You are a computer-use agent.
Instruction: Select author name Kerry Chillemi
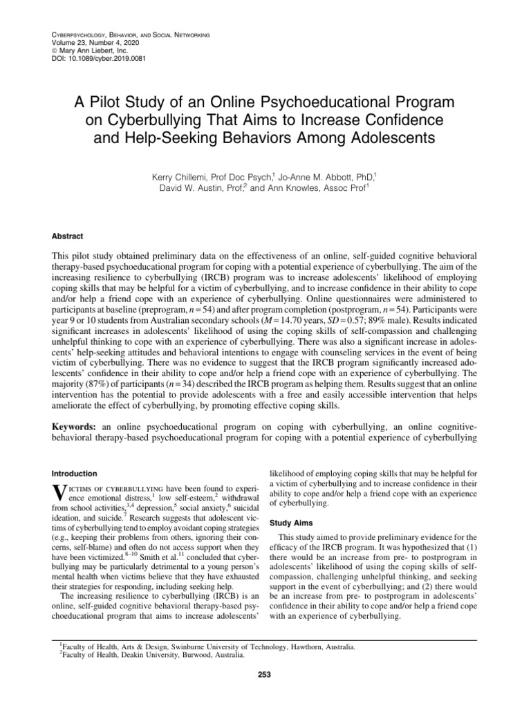[x=182, y=178]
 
